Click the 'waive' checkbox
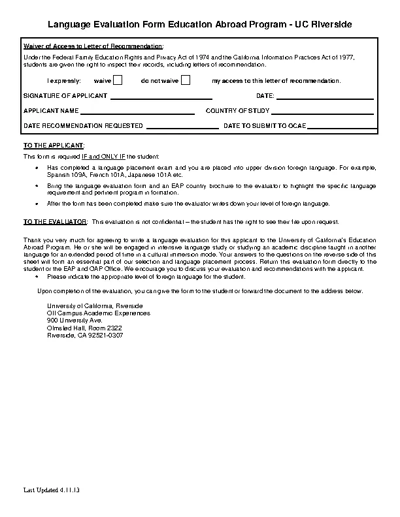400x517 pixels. tap(118, 81)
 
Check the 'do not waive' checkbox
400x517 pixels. tap(186, 81)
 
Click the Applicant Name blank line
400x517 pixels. tap(138, 112)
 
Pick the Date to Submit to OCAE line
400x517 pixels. tap(341, 126)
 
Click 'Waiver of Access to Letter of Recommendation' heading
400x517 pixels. tap(93, 48)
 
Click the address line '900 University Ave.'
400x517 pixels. tap(75, 321)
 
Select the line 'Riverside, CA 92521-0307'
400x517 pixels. tap(85, 335)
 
